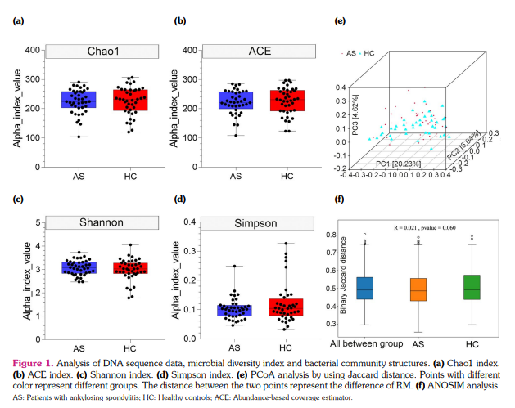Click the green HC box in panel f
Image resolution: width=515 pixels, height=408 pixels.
coord(471,288)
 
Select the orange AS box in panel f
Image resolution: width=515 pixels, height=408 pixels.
coord(418,289)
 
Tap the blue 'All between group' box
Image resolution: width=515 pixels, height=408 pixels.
coord(364,289)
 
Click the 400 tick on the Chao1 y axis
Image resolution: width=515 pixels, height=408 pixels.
coord(33,51)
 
